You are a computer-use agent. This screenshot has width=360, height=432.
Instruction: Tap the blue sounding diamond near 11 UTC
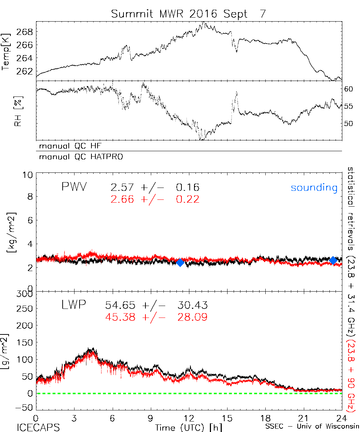(180, 262)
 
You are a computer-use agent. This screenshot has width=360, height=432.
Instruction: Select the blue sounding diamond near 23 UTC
(333, 260)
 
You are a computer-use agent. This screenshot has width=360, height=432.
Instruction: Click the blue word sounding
(314, 188)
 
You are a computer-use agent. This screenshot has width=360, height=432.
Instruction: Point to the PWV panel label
(74, 187)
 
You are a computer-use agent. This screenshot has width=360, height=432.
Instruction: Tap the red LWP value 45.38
(120, 317)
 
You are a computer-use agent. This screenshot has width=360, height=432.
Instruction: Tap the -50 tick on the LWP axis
(25, 407)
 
